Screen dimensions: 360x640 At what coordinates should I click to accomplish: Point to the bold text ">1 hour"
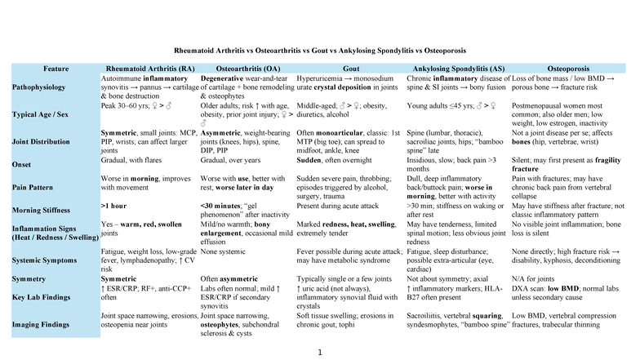click(113, 205)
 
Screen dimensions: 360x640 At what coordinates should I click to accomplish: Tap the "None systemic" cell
click(224, 251)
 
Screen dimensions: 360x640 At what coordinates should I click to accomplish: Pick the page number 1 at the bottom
click(321, 352)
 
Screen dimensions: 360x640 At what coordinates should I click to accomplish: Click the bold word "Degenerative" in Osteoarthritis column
click(224, 77)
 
